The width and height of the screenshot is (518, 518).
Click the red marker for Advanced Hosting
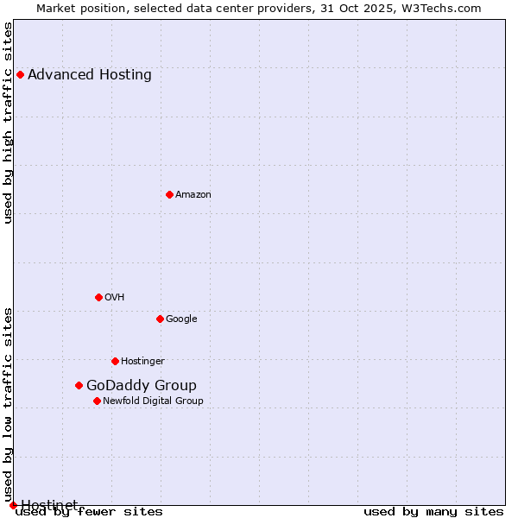[x=20, y=74]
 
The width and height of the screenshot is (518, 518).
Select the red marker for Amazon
[x=169, y=194]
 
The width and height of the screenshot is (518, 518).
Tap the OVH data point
[x=98, y=297]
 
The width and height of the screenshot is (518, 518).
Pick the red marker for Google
[x=160, y=319]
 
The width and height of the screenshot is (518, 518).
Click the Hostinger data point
[x=115, y=361]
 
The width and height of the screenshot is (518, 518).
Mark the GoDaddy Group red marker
[x=79, y=385]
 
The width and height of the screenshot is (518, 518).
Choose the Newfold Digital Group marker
[x=97, y=401]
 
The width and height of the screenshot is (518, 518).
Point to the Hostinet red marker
[x=13, y=505]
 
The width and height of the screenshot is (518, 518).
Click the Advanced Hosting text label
[x=90, y=74]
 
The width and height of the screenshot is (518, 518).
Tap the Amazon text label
[x=193, y=195]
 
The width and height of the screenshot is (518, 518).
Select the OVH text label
[x=115, y=298]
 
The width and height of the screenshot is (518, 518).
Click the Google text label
[x=181, y=319]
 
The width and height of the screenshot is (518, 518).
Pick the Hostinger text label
[x=142, y=362]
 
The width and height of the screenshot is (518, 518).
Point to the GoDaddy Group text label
[x=142, y=386]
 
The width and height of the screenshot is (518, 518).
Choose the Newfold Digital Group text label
[x=153, y=401]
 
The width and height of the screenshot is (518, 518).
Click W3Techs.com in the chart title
[x=441, y=9]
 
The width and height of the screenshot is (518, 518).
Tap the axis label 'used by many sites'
[x=433, y=511]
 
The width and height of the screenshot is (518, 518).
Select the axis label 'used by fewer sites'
[x=89, y=511]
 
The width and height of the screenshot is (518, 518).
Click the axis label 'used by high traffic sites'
[x=9, y=123]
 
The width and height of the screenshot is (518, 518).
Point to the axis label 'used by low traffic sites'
[x=9, y=405]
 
